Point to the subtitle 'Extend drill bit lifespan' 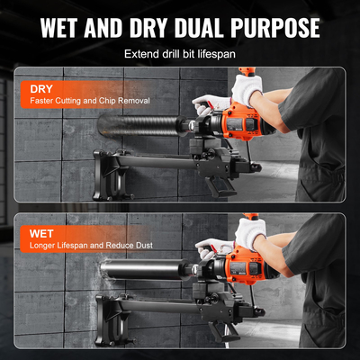(x=180, y=54)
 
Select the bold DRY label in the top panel (x=41, y=89)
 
